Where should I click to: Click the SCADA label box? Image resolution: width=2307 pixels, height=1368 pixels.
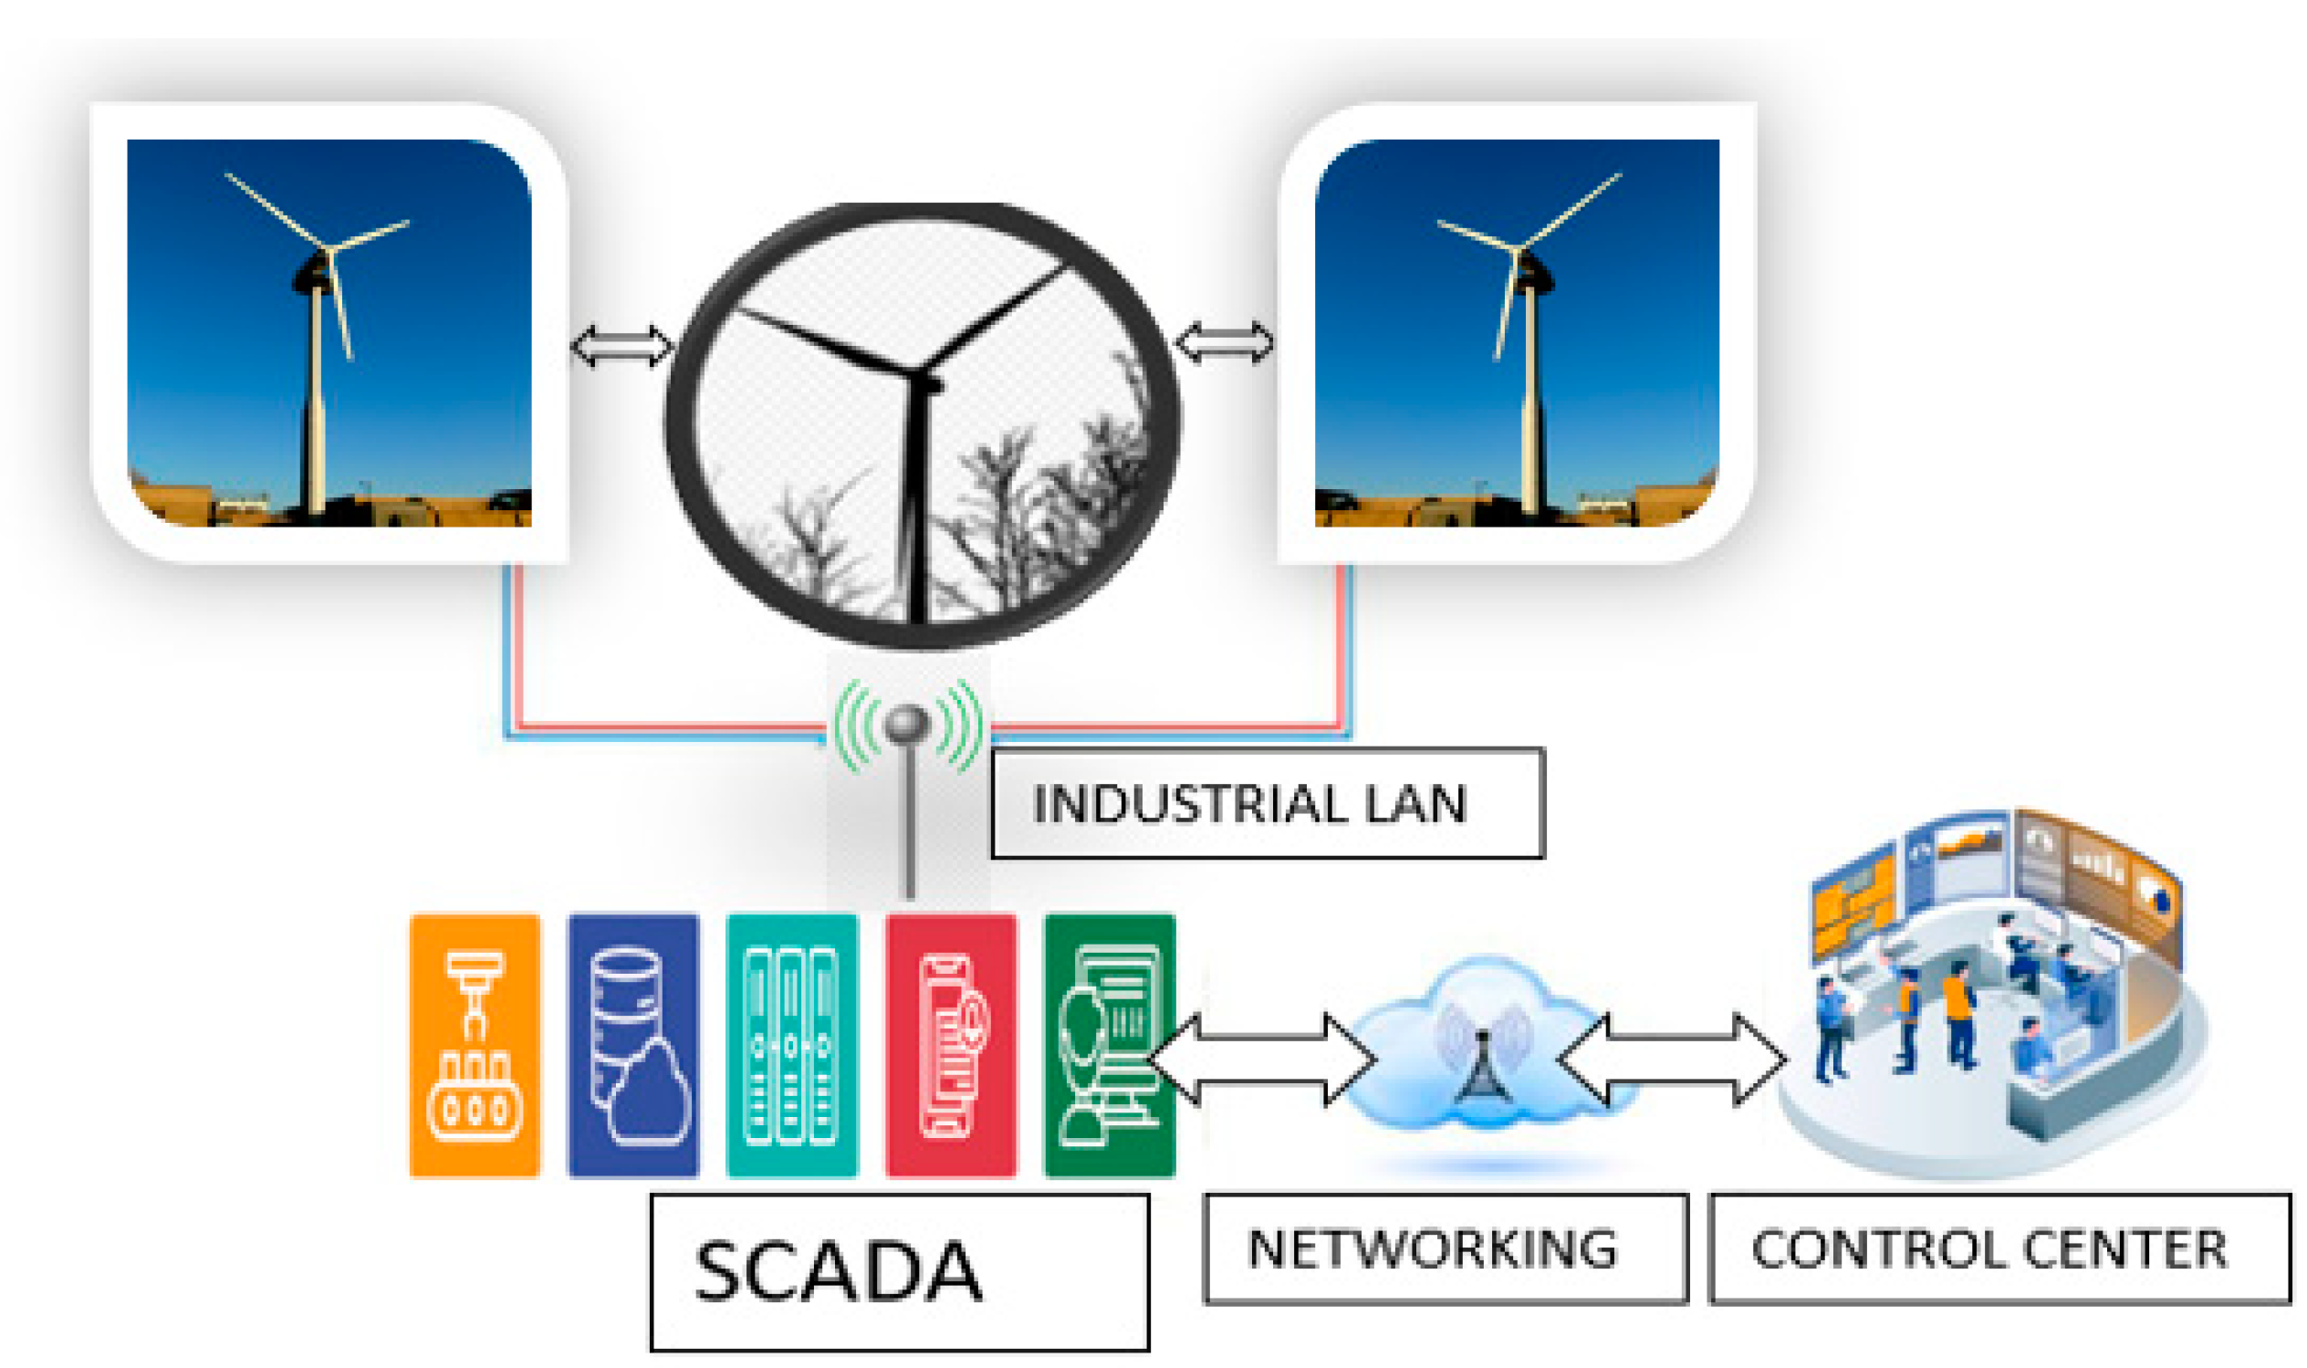[899, 1272]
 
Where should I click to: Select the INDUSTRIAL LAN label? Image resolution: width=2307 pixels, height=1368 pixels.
[1267, 803]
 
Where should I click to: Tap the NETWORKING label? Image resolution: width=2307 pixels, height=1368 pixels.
[1446, 1249]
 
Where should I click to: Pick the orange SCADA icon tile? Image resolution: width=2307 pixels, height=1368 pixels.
[475, 1045]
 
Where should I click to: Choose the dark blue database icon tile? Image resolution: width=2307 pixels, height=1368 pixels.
[633, 1045]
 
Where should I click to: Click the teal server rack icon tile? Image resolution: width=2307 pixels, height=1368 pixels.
[792, 1045]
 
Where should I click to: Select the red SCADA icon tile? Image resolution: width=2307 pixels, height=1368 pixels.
[950, 1045]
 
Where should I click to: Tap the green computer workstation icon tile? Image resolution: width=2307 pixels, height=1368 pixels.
[1109, 1045]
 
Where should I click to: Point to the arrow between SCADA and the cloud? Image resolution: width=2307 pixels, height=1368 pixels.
[1263, 1060]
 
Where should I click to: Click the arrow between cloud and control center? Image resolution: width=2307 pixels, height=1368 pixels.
[1671, 1060]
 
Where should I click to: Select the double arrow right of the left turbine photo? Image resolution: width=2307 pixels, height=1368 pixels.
[621, 346]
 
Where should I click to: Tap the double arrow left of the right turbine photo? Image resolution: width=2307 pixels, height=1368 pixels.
[1225, 342]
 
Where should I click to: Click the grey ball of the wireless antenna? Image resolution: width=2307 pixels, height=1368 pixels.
[908, 723]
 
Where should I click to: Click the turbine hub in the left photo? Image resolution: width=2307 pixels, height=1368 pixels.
[327, 251]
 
